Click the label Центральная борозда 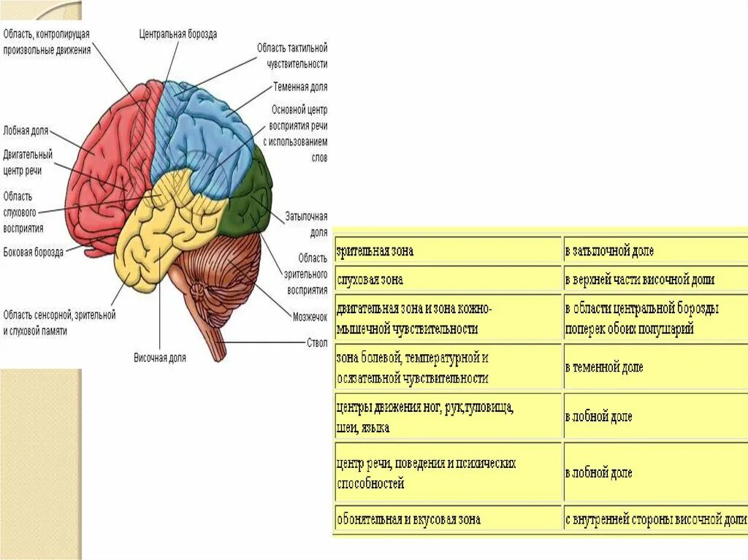(178, 34)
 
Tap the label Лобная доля (26, 131)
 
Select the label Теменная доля (300, 87)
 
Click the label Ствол (316, 342)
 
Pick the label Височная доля (159, 358)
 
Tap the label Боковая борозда (33, 252)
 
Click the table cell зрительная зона (375, 251)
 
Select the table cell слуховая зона (370, 280)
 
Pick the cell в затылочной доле (609, 251)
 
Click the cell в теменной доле (604, 367)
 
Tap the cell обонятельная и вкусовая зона (408, 519)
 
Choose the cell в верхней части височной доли (639, 280)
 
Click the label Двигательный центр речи (28, 162)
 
